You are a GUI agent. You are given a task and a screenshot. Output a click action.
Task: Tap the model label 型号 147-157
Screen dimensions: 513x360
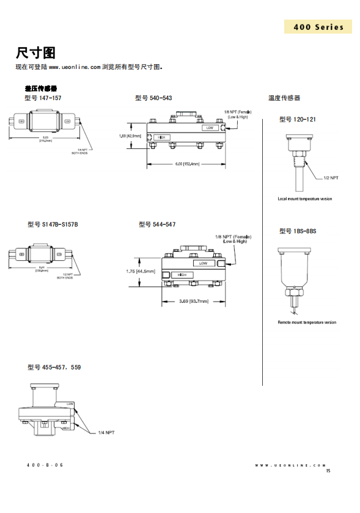[x=43, y=98]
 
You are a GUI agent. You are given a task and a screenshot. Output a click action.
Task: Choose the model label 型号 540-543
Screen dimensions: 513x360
[x=153, y=98]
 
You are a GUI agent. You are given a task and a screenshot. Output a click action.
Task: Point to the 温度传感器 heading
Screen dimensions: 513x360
[x=284, y=98]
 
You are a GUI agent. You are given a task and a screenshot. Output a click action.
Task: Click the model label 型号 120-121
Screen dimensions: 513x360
[x=298, y=119]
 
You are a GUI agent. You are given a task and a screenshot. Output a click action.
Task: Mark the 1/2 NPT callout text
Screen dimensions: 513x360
[x=331, y=178]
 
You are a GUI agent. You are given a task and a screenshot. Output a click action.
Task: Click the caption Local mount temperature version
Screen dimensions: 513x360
[x=305, y=199]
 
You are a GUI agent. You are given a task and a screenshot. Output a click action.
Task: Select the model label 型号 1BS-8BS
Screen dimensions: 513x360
[x=298, y=231]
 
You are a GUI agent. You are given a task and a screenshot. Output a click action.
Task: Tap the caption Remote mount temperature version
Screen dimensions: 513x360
[x=307, y=322]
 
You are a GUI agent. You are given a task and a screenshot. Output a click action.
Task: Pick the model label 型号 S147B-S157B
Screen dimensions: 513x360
[x=53, y=225]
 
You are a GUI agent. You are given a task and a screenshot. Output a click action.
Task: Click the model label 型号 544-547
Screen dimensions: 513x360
[x=157, y=225]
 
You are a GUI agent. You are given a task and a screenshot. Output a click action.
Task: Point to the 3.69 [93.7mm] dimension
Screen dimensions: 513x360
[x=194, y=301]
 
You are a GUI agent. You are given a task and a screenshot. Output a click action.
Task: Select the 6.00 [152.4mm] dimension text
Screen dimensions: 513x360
[x=187, y=164]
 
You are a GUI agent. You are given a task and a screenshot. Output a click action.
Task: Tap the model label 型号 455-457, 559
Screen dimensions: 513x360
[x=54, y=367]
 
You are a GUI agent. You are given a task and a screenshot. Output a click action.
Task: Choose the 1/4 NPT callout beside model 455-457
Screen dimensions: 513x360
[x=106, y=432]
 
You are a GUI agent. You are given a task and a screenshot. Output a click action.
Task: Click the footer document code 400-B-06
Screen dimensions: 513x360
[x=45, y=465]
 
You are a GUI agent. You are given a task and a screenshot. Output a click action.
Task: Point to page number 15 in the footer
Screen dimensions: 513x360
[x=328, y=470]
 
